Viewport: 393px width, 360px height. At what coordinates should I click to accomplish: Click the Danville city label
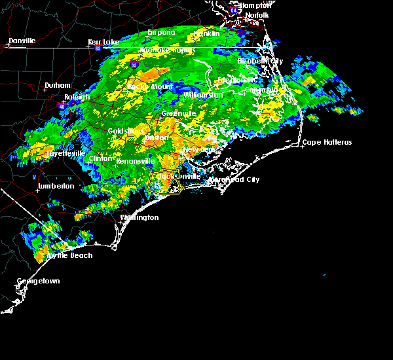(x=23, y=41)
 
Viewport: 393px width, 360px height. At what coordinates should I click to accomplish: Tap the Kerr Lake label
(x=103, y=42)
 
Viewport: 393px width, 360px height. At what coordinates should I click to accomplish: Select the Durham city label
(x=57, y=86)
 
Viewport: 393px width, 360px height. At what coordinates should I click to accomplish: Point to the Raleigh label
(x=77, y=97)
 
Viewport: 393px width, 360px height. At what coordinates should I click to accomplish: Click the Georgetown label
(x=38, y=281)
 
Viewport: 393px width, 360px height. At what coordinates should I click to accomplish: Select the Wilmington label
(x=139, y=217)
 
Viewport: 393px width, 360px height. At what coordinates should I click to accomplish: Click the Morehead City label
(x=234, y=179)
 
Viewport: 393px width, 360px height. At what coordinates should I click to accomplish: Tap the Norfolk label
(x=257, y=14)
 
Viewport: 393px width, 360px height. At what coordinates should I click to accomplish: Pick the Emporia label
(x=161, y=32)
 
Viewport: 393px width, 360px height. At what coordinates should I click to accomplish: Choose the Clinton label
(x=101, y=158)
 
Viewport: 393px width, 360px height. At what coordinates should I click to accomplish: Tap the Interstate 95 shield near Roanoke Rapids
(x=134, y=65)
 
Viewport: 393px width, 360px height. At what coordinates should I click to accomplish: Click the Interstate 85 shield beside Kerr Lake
(x=98, y=48)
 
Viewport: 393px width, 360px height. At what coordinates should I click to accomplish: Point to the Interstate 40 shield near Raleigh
(x=63, y=103)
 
